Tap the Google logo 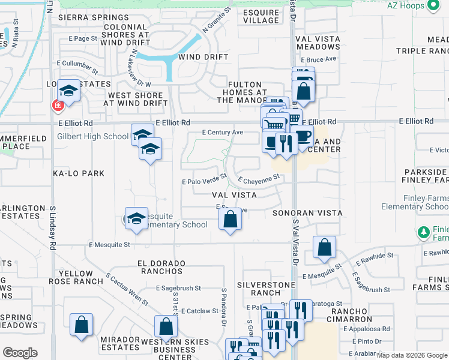click(x=20, y=352)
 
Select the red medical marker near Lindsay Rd click(x=58, y=106)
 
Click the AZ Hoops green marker click(x=434, y=6)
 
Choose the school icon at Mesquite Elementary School click(x=136, y=218)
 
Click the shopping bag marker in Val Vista click(x=231, y=219)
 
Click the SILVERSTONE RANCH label click(x=258, y=289)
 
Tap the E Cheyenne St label click(x=259, y=178)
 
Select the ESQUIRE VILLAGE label click(x=261, y=16)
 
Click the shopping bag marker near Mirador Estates click(x=81, y=325)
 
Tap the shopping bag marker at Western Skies click(x=166, y=327)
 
